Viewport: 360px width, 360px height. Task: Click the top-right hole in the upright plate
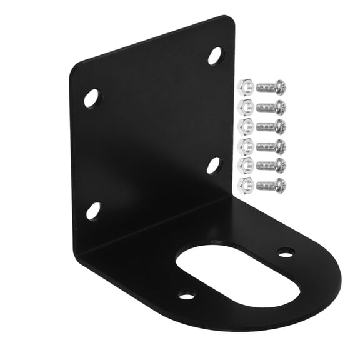pyautogui.click(x=215, y=56)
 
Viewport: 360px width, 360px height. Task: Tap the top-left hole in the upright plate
pyautogui.click(x=92, y=98)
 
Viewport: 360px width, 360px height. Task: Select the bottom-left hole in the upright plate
pyautogui.click(x=93, y=211)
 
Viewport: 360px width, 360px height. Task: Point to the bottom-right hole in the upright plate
pyautogui.click(x=214, y=165)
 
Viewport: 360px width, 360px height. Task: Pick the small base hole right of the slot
pyautogui.click(x=286, y=252)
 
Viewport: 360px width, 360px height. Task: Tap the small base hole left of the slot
pyautogui.click(x=186, y=294)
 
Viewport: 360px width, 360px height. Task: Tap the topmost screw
pyautogui.click(x=271, y=86)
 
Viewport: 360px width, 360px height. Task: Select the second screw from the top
pyautogui.click(x=271, y=106)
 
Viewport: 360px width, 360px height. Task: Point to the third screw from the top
pyautogui.click(x=271, y=126)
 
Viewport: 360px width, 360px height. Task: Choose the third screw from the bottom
pyautogui.click(x=271, y=146)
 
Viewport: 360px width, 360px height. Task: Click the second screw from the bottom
pyautogui.click(x=271, y=165)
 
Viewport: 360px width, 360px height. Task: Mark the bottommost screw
pyautogui.click(x=271, y=184)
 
